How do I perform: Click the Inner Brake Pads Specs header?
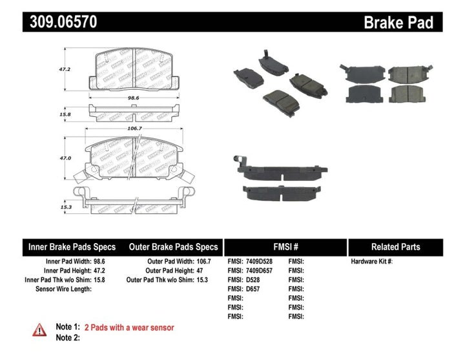pyautogui.click(x=72, y=247)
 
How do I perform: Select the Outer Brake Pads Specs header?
pyautogui.click(x=174, y=247)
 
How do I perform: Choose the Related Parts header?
pyautogui.click(x=395, y=247)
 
